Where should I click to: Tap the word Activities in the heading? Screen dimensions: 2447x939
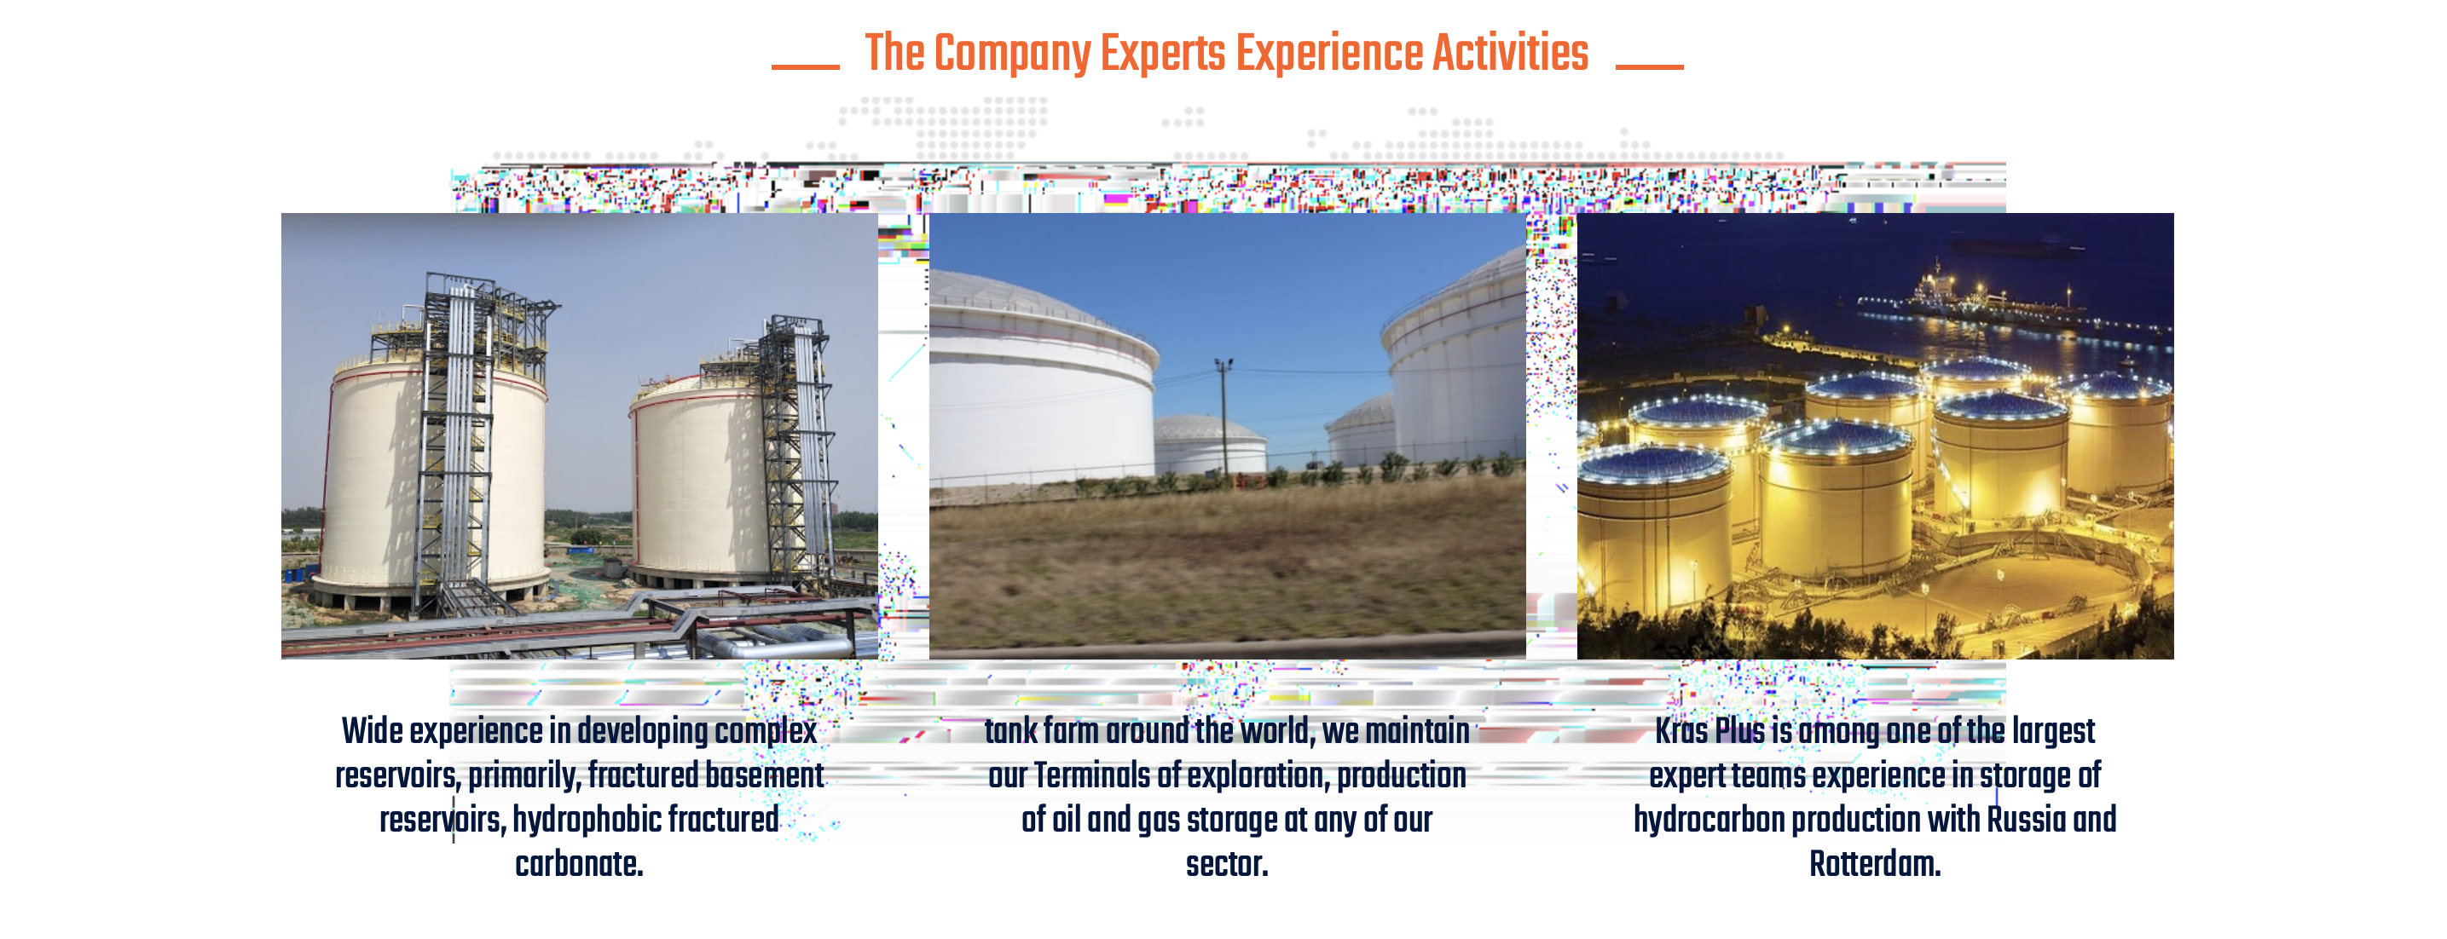[1510, 52]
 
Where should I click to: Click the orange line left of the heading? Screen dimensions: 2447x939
[805, 66]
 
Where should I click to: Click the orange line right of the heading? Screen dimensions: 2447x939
[1649, 66]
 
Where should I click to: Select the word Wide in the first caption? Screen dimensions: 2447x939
[373, 731]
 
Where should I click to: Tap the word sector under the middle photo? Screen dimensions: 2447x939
[1224, 864]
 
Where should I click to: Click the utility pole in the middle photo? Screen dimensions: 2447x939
[1223, 418]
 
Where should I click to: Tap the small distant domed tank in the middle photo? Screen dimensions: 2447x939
[1208, 444]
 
